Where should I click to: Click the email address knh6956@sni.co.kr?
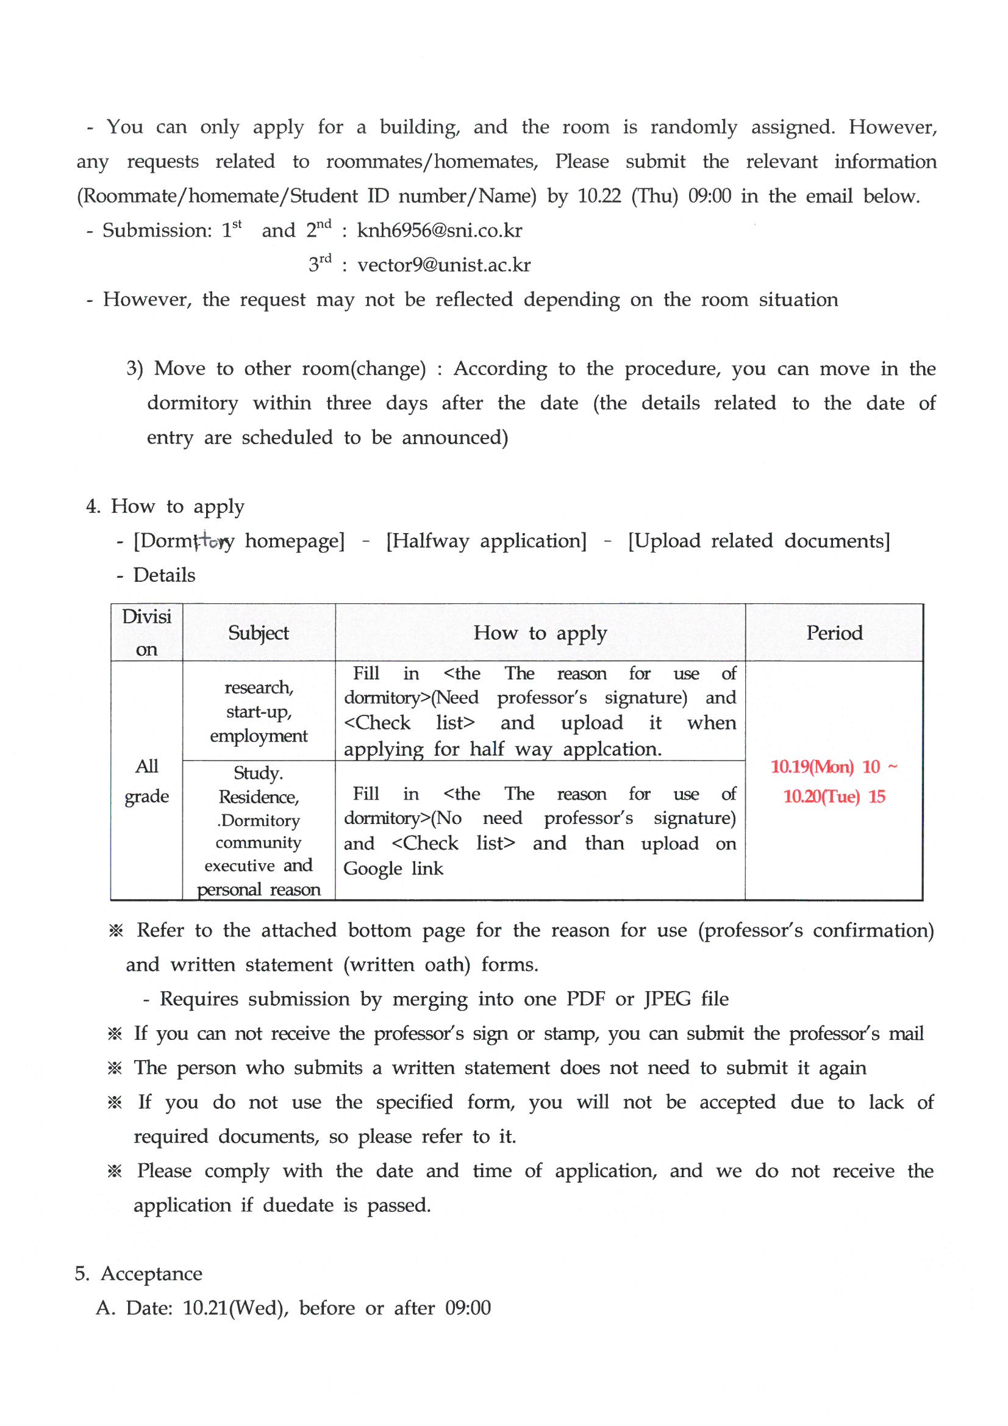pyautogui.click(x=439, y=231)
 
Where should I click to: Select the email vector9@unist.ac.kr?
pyautogui.click(x=443, y=265)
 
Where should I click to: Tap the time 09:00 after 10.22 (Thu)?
pyautogui.click(x=709, y=196)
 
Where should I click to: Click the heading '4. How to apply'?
pyautogui.click(x=165, y=506)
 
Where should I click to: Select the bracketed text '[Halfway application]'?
pyautogui.click(x=485, y=541)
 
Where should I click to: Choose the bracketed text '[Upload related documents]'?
pyautogui.click(x=759, y=541)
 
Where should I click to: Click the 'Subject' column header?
pyautogui.click(x=259, y=633)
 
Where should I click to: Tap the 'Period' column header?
pyautogui.click(x=834, y=633)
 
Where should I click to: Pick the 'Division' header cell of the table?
pyautogui.click(x=146, y=632)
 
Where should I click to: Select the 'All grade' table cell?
pyautogui.click(x=146, y=781)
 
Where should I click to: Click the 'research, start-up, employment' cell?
pyautogui.click(x=259, y=711)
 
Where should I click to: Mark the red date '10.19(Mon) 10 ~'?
pyautogui.click(x=834, y=767)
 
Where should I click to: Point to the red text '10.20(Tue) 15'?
pyautogui.click(x=834, y=796)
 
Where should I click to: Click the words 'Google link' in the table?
pyautogui.click(x=393, y=869)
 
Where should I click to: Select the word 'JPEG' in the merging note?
pyautogui.click(x=667, y=998)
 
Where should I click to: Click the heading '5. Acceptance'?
pyautogui.click(x=138, y=1274)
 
